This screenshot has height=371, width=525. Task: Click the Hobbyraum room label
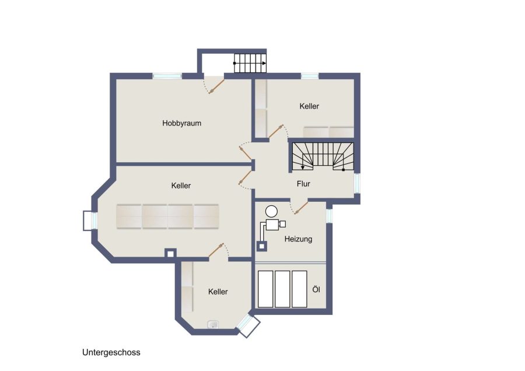(x=181, y=123)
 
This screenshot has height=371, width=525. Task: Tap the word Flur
(x=303, y=184)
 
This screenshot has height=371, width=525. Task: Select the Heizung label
(x=298, y=239)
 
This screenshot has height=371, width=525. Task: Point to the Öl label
(x=316, y=289)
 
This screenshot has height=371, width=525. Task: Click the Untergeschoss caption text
(x=111, y=352)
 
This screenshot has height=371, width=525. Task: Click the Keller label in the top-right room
(x=309, y=106)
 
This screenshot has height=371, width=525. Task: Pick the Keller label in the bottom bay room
(x=218, y=292)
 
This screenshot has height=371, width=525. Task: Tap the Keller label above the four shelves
(x=181, y=185)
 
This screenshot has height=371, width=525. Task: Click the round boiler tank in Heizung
(x=271, y=211)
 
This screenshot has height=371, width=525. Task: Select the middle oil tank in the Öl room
(x=282, y=289)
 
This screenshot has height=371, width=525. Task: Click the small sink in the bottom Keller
(x=213, y=324)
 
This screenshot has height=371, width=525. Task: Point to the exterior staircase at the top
(x=250, y=63)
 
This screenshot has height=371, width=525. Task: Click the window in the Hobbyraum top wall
(x=167, y=76)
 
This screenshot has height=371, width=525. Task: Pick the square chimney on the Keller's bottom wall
(x=170, y=254)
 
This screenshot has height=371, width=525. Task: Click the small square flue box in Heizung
(x=262, y=246)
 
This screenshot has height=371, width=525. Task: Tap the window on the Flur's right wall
(x=357, y=183)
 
